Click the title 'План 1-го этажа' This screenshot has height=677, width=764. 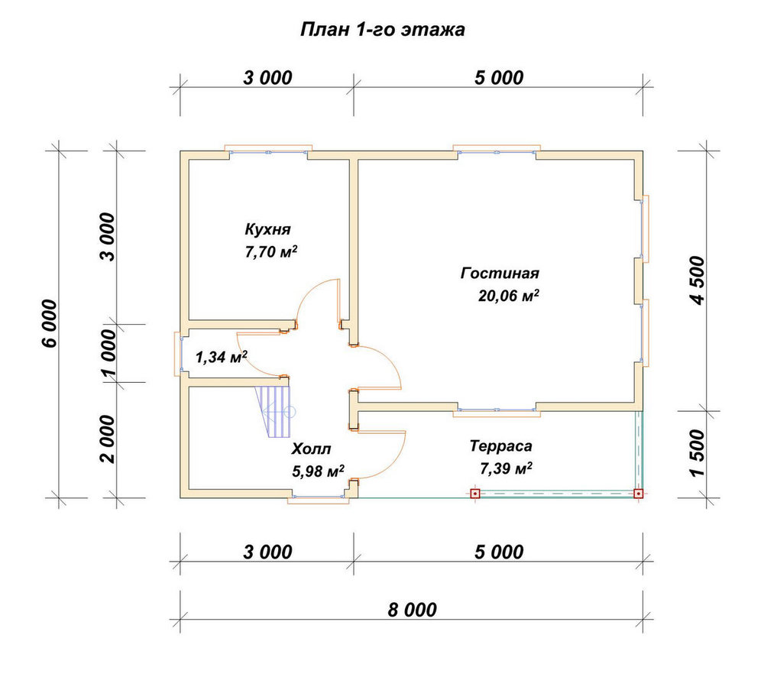pyautogui.click(x=382, y=30)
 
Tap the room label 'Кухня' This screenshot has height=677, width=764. pyautogui.click(x=267, y=229)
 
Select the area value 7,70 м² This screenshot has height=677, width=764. pyautogui.click(x=271, y=252)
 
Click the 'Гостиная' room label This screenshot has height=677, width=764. pyautogui.click(x=500, y=273)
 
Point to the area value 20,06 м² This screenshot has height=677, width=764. pyautogui.click(x=508, y=296)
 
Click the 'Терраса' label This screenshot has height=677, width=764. pyautogui.click(x=500, y=446)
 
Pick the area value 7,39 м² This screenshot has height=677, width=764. pyautogui.click(x=506, y=468)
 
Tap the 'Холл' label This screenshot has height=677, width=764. pyautogui.click(x=312, y=449)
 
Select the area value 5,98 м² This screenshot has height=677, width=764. pyautogui.click(x=318, y=471)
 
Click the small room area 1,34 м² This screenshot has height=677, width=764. pyautogui.click(x=221, y=358)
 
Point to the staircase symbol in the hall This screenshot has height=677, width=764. pyautogui.click(x=275, y=412)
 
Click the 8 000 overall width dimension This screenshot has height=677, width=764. pyautogui.click(x=413, y=610)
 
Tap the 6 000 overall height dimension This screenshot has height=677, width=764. pyautogui.click(x=50, y=323)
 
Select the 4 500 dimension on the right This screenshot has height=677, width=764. pyautogui.click(x=698, y=280)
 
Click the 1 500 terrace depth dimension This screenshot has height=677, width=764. pyautogui.click(x=698, y=453)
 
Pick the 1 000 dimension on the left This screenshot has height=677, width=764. pyautogui.click(x=108, y=353)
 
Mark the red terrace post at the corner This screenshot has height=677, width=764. pyautogui.click(x=638, y=494)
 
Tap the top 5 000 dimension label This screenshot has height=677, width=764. pyautogui.click(x=499, y=77)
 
